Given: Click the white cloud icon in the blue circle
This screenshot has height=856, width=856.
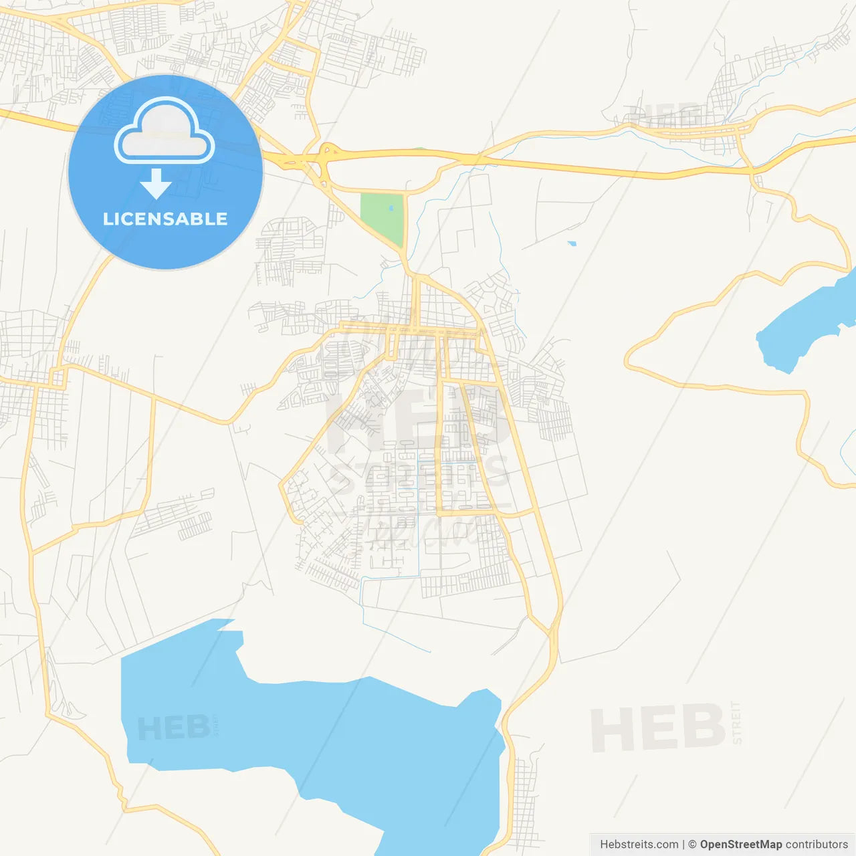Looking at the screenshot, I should (165, 132).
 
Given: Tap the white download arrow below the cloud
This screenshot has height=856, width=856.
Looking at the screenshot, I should (156, 183).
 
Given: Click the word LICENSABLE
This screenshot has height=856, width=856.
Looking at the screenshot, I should (165, 219).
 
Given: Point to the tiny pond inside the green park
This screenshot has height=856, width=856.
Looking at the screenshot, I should (391, 208).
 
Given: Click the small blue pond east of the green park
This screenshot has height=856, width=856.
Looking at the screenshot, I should (572, 243).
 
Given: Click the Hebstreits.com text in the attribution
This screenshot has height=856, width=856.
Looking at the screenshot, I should (639, 845).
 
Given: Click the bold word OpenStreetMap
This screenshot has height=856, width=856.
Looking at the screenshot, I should (740, 845).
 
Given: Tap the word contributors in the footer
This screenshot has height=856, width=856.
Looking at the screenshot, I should (817, 845).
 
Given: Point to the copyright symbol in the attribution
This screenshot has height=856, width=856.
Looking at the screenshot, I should (692, 845).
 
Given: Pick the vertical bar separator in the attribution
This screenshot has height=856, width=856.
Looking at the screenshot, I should (683, 845).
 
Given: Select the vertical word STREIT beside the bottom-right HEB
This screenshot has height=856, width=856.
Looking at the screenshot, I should (736, 722).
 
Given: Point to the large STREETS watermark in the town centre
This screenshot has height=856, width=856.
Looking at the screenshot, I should (418, 475).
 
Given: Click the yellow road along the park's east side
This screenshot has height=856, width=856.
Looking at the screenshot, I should (406, 221).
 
